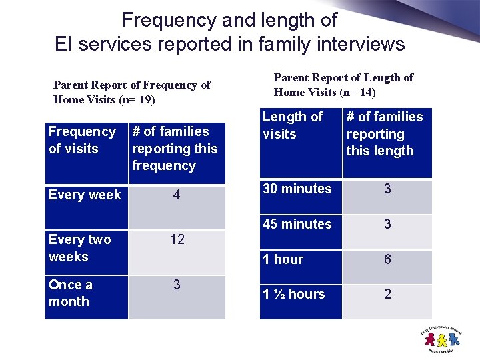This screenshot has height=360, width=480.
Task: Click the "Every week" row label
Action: pos(85,195)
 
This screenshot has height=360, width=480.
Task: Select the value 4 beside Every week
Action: pos(177,195)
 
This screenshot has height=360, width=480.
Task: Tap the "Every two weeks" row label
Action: pos(79,248)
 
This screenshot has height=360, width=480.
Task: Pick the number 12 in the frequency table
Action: pos(177,239)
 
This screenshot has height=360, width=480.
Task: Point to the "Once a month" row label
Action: pos(71,293)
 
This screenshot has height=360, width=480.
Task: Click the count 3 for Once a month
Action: pos(177,285)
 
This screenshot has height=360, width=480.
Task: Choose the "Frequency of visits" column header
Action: pos(82,140)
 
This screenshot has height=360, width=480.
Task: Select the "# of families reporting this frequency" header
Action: pos(175,149)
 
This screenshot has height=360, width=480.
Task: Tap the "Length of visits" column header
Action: pos(292,125)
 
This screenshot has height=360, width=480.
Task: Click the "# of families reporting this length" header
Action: pos(385,134)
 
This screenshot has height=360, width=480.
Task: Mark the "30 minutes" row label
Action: pos(297,189)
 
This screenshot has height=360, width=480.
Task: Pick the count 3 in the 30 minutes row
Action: pos(387,189)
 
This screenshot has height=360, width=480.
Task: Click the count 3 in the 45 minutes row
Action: pos(387,224)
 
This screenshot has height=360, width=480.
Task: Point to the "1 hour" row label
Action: pos(283,259)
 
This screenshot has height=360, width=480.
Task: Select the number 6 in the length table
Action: pos(387,259)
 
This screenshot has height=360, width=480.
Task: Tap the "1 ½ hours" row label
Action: pos(294,294)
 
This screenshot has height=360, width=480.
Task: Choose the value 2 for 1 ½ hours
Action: pos(387,294)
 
